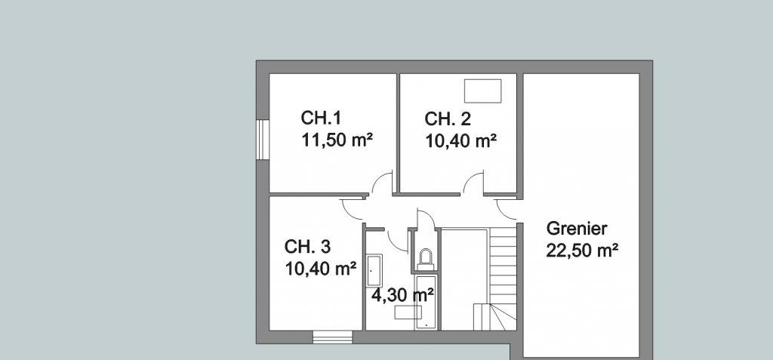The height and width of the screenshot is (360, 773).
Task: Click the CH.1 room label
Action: pos(321,118)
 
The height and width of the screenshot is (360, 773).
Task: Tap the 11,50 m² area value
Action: pos(337,140)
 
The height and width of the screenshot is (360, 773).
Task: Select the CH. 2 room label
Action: pos(448,118)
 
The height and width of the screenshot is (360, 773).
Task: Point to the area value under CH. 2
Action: pos(460,142)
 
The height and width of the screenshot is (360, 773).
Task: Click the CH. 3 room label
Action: pos(308,246)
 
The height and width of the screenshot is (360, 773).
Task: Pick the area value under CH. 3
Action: pos(320,269)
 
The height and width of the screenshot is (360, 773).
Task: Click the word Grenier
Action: pos(577,229)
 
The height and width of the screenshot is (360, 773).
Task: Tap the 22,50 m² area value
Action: pos(582,251)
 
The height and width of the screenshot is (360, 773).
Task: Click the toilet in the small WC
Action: pos(425,259)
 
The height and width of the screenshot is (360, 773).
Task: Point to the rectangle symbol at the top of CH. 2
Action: pos(482,91)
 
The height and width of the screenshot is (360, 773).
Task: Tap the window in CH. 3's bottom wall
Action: pos(333,337)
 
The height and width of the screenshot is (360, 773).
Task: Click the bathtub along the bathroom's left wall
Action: pos(374,270)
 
